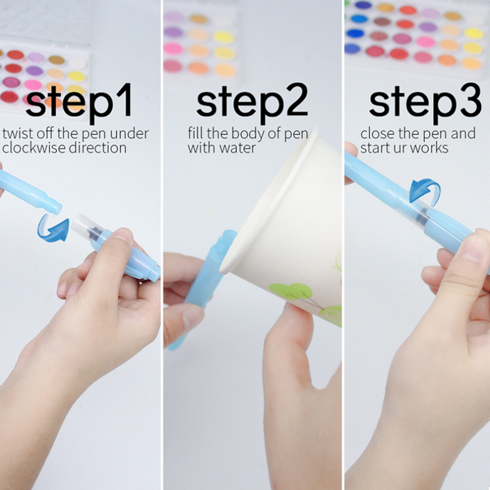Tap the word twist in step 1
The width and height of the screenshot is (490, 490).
click(18, 134)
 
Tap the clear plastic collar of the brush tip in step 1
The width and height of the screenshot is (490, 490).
click(82, 224)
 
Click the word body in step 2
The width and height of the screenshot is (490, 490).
click(248, 134)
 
